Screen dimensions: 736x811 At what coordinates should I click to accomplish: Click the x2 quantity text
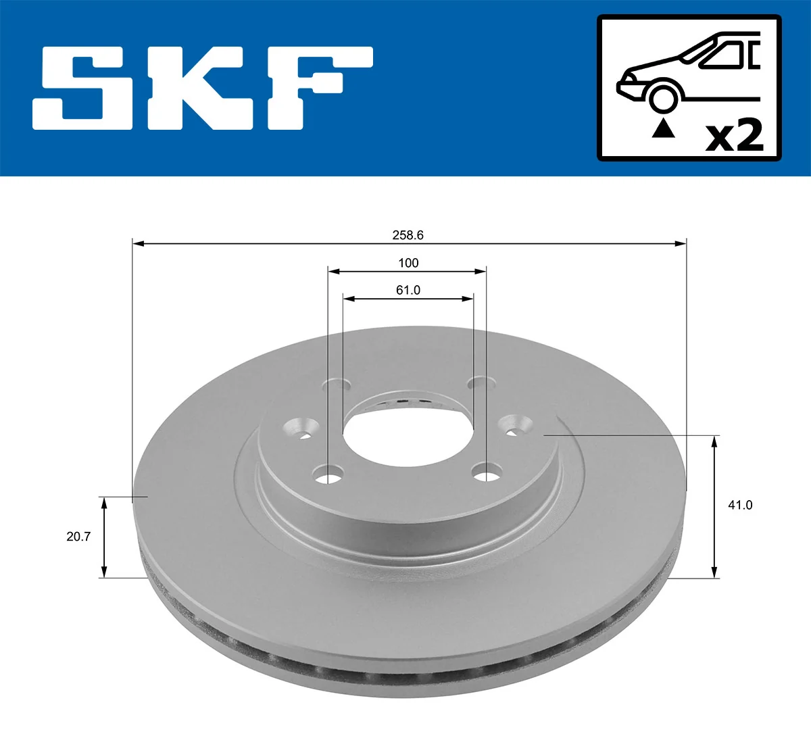(x=734, y=136)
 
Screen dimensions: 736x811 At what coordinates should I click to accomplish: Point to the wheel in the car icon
(x=662, y=97)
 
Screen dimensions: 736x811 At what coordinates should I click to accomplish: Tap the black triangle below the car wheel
(x=663, y=128)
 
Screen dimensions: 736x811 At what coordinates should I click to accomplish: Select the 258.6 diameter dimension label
(x=408, y=235)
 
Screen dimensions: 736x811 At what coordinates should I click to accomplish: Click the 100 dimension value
(x=408, y=263)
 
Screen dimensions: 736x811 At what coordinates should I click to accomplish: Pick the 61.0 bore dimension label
(x=408, y=290)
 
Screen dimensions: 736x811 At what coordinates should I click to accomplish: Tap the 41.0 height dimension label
(x=740, y=505)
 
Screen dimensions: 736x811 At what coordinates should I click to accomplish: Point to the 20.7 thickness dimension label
(x=78, y=537)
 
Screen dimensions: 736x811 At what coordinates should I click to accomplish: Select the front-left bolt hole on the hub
(x=329, y=474)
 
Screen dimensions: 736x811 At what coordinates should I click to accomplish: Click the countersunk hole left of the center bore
(x=302, y=428)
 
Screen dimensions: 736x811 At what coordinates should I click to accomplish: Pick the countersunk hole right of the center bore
(x=514, y=426)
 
